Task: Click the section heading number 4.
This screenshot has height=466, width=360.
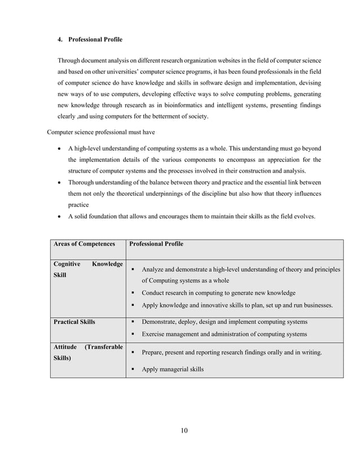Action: [60, 39]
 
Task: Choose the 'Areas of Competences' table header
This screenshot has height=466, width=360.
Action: [84, 244]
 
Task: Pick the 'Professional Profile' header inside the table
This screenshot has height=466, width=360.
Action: [156, 244]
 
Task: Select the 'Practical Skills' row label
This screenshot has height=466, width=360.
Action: [74, 322]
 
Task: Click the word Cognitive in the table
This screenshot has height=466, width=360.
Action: [67, 263]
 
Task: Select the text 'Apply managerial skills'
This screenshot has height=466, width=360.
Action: [172, 370]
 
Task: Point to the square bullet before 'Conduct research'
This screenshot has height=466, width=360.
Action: [133, 293]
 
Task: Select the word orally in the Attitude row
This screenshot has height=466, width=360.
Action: [265, 353]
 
